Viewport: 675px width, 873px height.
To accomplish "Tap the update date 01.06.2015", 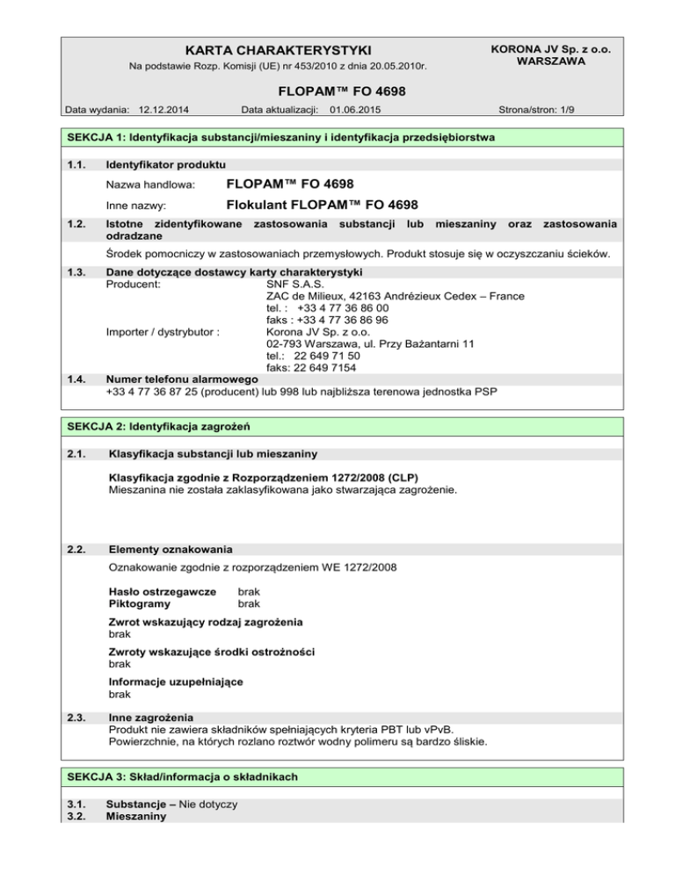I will [356, 110].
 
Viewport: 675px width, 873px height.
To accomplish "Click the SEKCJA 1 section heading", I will [275, 138].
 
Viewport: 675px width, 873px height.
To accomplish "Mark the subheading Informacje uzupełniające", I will [176, 681].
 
